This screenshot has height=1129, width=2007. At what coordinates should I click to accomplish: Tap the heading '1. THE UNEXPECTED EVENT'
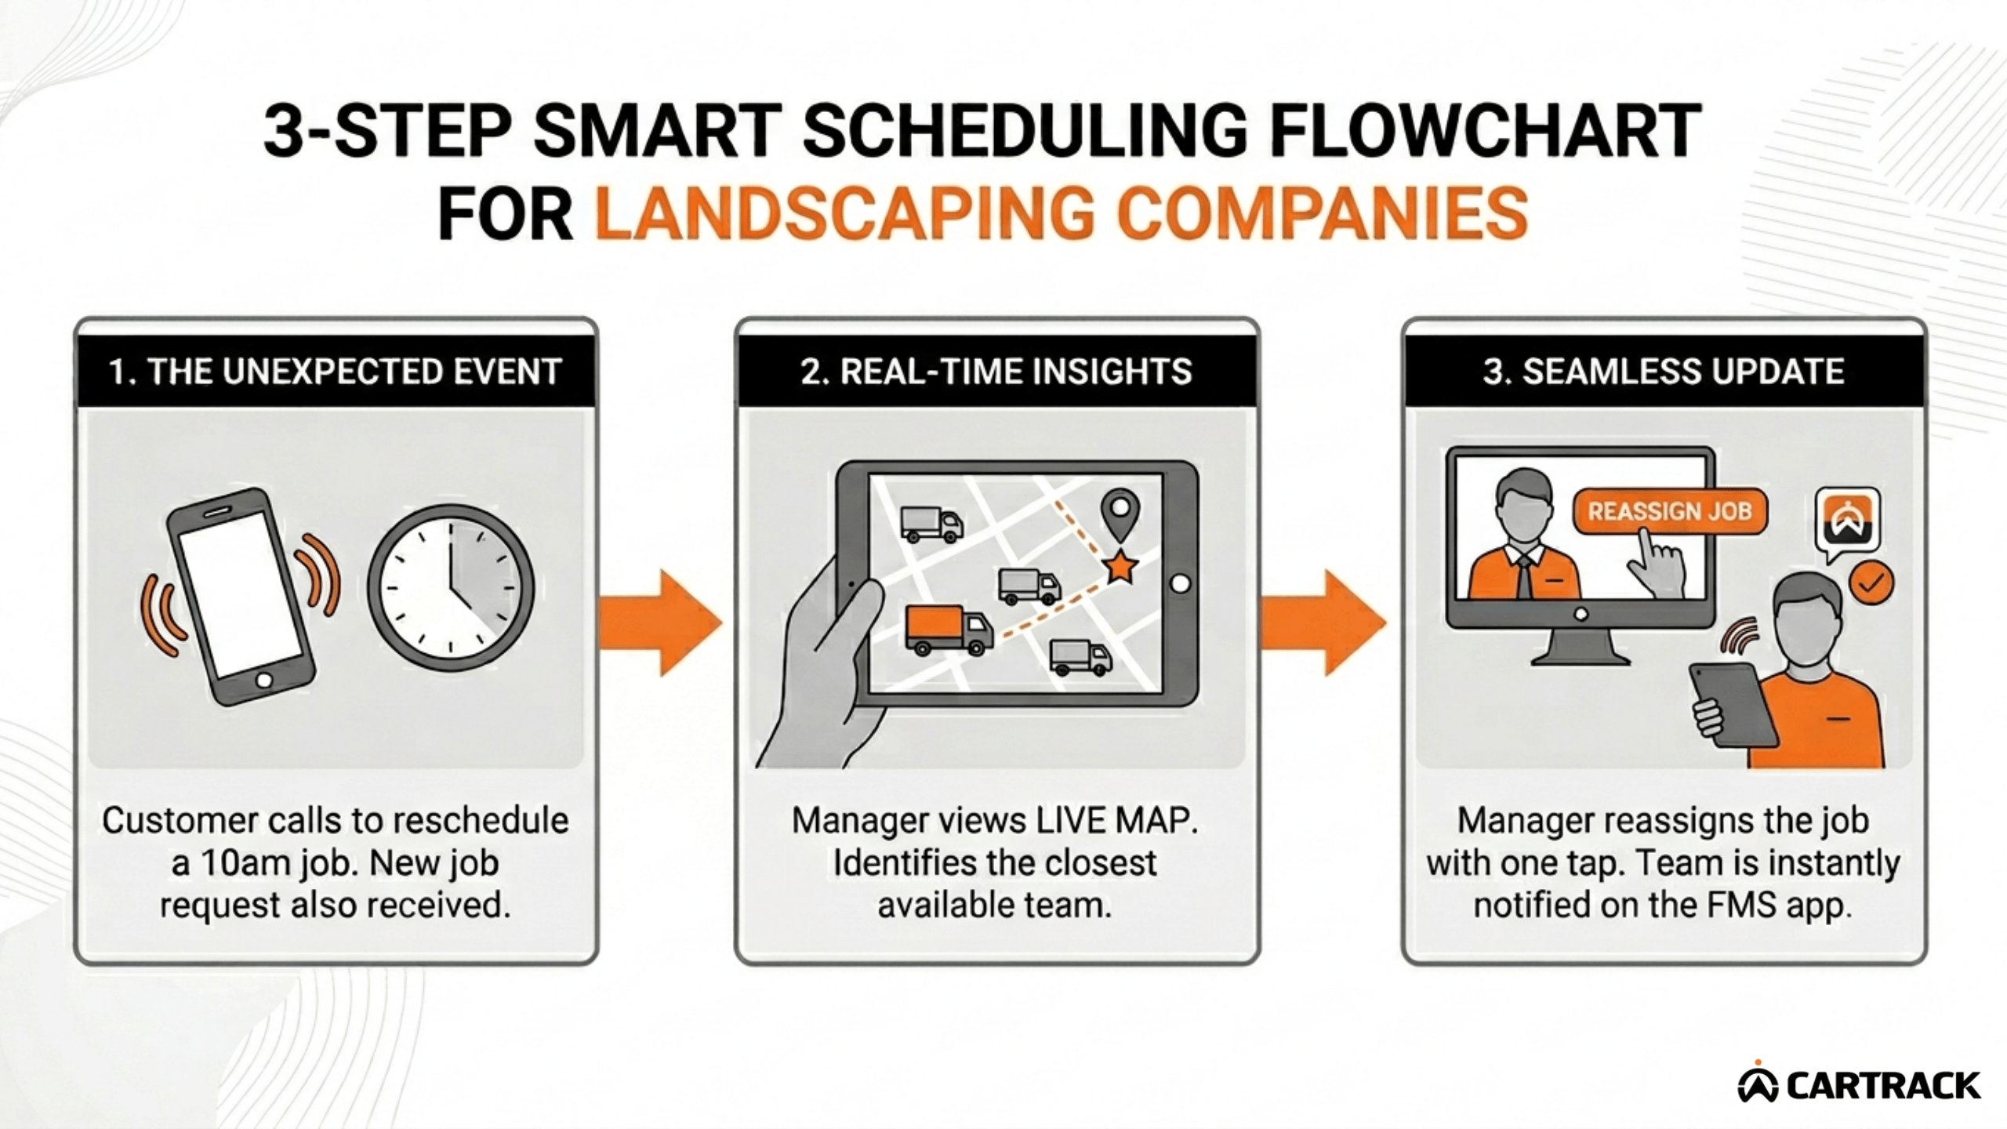(336, 371)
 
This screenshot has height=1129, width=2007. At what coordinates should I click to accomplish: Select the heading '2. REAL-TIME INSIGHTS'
(996, 371)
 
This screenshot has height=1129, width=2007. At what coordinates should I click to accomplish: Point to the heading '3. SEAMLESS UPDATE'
(1663, 371)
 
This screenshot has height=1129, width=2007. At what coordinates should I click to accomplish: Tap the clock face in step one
(451, 588)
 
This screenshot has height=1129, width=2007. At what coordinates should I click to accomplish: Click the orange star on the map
(1120, 566)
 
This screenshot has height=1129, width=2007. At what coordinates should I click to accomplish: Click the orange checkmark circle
(1871, 583)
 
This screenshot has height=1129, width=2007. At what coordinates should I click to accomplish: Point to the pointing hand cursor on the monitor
(1656, 564)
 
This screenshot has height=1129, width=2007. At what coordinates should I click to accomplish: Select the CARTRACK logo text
(1882, 1086)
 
